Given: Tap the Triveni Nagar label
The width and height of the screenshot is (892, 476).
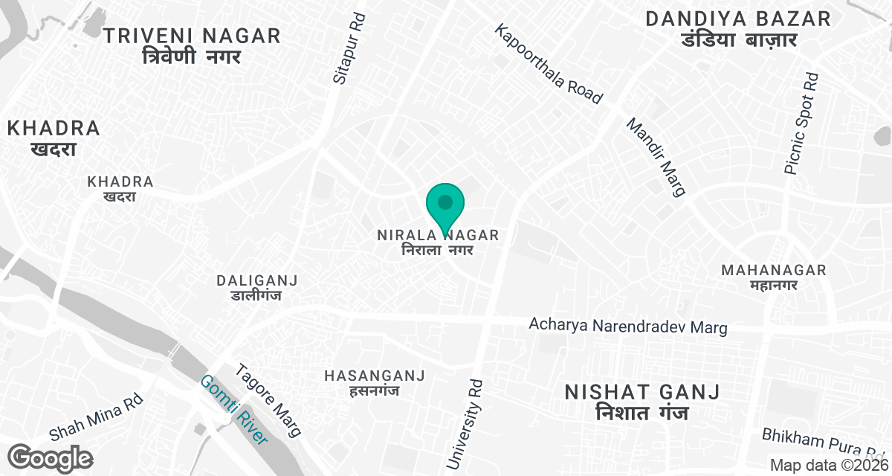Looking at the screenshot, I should [x=192, y=45].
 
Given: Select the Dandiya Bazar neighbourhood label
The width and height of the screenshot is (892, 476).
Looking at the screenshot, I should [x=738, y=29].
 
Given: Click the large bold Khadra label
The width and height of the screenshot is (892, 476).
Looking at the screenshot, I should [x=54, y=138].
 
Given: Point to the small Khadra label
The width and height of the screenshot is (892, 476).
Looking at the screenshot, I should [x=120, y=189].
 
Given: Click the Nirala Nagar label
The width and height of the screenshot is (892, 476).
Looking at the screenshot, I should [x=438, y=242].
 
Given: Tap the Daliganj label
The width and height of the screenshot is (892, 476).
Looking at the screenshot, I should [x=257, y=288].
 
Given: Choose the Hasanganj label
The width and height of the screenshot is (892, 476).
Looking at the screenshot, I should [x=374, y=383].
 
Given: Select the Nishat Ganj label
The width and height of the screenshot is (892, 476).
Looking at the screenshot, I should [x=642, y=402].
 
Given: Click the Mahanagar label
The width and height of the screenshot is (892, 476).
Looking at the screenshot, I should [x=774, y=277].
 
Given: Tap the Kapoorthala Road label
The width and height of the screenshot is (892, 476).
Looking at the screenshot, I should [x=548, y=64].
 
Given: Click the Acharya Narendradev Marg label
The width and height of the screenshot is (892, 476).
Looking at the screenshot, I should [x=627, y=326].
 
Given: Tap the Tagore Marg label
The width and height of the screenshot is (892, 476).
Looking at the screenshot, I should [x=268, y=400].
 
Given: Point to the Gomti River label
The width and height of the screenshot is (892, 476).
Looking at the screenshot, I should [x=233, y=410].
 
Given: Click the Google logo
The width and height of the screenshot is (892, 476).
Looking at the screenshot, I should [x=51, y=457].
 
